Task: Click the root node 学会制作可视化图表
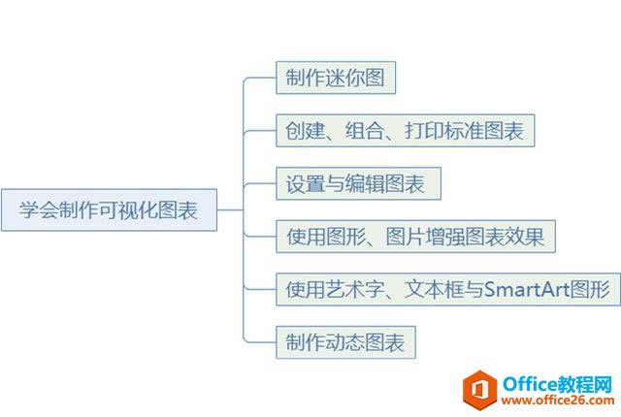(109, 210)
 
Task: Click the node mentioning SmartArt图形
(446, 289)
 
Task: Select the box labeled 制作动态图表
(345, 341)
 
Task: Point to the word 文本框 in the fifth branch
(427, 289)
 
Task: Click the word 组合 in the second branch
(363, 131)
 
